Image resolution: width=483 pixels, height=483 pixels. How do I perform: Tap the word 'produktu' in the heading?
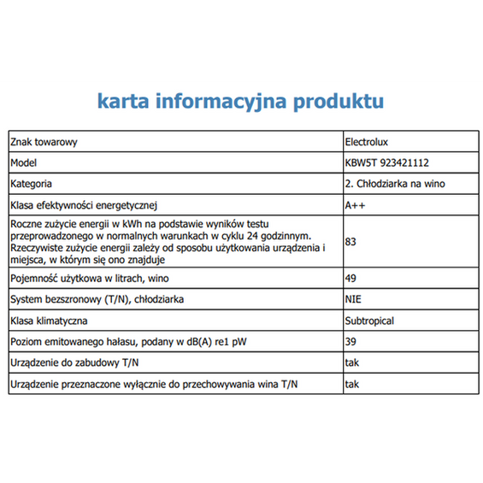point(338,103)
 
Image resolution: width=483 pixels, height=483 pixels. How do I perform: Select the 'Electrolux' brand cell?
point(367,142)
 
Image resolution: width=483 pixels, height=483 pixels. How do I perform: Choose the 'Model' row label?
point(24,162)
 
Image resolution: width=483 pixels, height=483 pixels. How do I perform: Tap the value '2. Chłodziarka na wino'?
point(394,184)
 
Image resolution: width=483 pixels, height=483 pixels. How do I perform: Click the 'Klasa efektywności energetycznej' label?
point(84,205)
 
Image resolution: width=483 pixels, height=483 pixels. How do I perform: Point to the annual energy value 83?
point(350,242)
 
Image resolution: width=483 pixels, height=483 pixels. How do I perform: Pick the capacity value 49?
point(350,279)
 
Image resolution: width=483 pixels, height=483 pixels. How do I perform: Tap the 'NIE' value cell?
point(353,300)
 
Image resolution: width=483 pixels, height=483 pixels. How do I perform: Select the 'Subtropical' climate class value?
point(369,321)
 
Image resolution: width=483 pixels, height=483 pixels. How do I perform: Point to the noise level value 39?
point(350,343)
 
